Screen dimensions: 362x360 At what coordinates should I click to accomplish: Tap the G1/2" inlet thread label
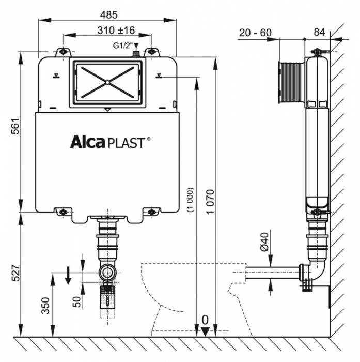click(x=122, y=45)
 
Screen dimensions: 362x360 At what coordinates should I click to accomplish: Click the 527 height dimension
click(x=15, y=274)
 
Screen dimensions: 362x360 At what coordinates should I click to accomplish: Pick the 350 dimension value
click(x=46, y=305)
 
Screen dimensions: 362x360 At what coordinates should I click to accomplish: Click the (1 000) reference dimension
click(x=191, y=199)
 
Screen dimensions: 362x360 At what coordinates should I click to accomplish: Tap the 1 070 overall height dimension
click(x=209, y=202)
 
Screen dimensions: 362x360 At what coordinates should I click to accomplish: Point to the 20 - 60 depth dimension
click(x=255, y=32)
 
